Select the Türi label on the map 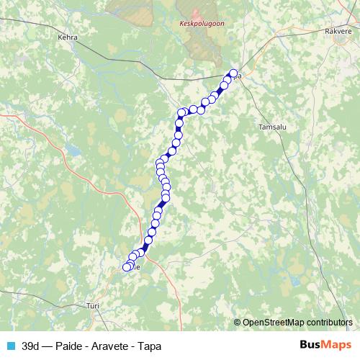tap(92, 305)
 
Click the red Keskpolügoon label tap(197, 23)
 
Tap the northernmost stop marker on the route tap(233, 73)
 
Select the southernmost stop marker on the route tap(127, 267)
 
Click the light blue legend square tap(9, 345)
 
